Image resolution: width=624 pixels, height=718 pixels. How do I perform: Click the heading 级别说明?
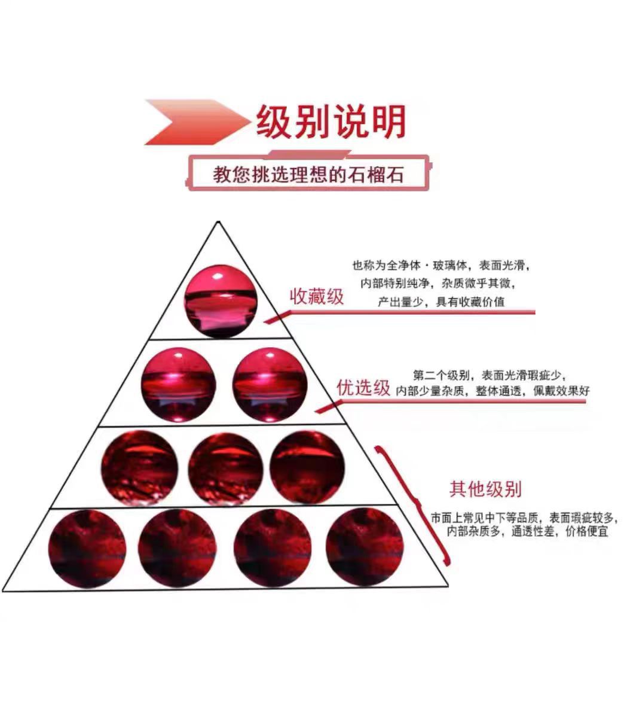[331, 122]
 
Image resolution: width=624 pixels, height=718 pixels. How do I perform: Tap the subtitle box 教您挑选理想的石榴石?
[308, 174]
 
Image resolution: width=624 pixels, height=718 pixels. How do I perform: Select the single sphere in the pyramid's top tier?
[221, 301]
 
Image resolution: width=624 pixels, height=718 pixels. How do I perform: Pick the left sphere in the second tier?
[178, 384]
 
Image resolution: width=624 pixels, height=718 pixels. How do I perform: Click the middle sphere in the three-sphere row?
[225, 468]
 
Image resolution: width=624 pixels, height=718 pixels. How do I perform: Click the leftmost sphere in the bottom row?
[87, 548]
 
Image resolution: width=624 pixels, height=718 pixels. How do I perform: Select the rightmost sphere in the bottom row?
[365, 547]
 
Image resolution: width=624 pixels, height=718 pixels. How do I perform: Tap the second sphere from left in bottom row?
[177, 548]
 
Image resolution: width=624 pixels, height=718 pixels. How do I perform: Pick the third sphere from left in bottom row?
[273, 548]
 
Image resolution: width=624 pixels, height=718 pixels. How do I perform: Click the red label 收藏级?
[317, 296]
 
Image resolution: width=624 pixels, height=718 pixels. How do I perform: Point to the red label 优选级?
[363, 388]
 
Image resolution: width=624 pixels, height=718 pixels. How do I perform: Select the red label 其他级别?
[485, 489]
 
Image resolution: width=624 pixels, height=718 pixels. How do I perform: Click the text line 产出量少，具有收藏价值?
[441, 302]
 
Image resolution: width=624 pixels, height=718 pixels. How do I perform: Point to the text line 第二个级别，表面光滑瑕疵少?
[489, 376]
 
